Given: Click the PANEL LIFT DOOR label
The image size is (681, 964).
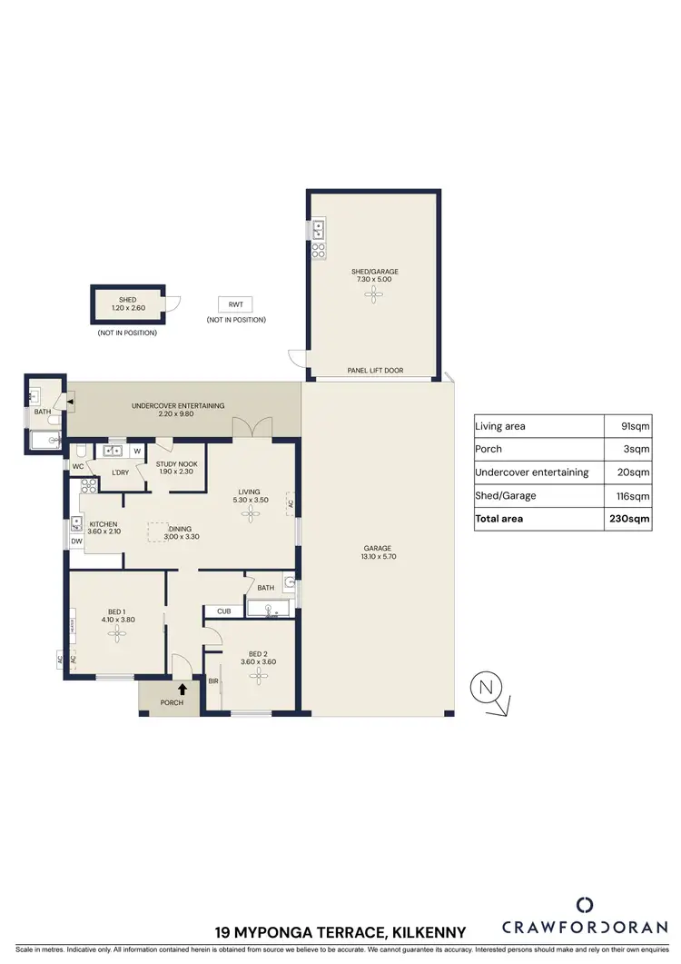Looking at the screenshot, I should tap(375, 371).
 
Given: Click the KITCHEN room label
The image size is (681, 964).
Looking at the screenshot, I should tap(104, 524).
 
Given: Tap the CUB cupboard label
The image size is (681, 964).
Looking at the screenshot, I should tap(223, 611).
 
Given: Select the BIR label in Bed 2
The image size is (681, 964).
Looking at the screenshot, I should tap(213, 681).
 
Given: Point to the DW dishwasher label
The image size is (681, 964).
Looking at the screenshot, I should tap(75, 542).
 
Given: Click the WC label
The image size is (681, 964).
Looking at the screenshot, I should tap(77, 468).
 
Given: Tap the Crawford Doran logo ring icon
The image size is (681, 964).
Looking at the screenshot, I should tap(585, 904).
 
